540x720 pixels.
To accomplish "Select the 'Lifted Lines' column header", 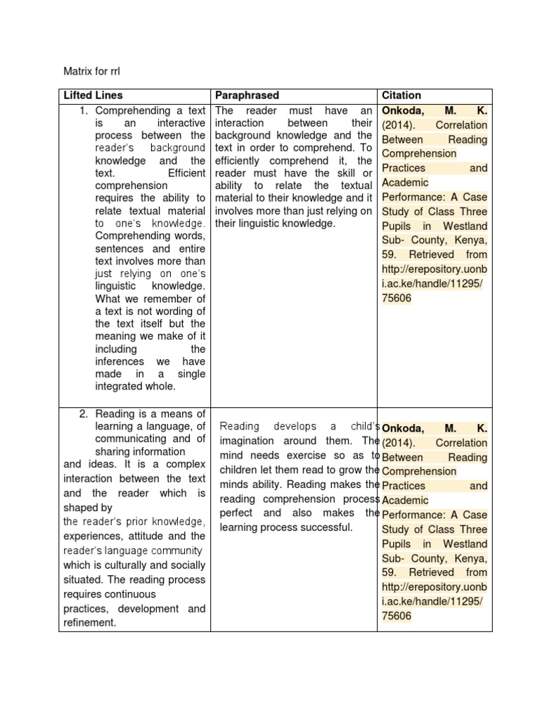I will tap(93, 95).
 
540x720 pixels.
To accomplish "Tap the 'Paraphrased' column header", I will tap(247, 95).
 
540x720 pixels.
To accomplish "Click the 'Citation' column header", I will tap(401, 95).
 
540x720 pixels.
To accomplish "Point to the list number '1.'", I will tap(84, 110).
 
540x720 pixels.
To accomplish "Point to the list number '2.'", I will tap(84, 413).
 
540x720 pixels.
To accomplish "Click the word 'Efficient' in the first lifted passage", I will tap(186, 172).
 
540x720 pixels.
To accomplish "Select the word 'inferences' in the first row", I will tap(120, 361).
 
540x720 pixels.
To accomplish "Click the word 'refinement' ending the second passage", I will tap(89, 622).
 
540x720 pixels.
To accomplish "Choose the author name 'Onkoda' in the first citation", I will tap(403, 111).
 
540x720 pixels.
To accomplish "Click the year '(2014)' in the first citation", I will tap(399, 125).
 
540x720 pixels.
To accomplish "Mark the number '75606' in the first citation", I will tap(397, 298).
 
